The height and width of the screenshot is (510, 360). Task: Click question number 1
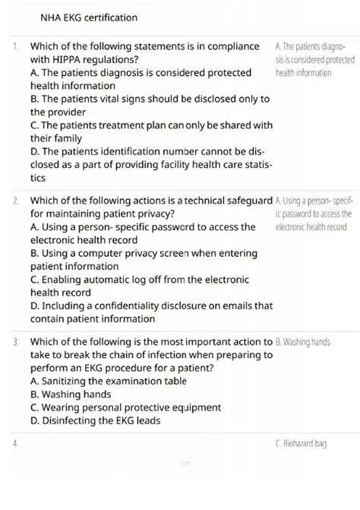tap(16, 47)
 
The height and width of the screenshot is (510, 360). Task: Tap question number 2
tap(16, 201)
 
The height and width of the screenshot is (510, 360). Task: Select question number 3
tap(16, 343)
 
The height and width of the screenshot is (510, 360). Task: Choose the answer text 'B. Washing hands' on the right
tap(302, 343)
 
